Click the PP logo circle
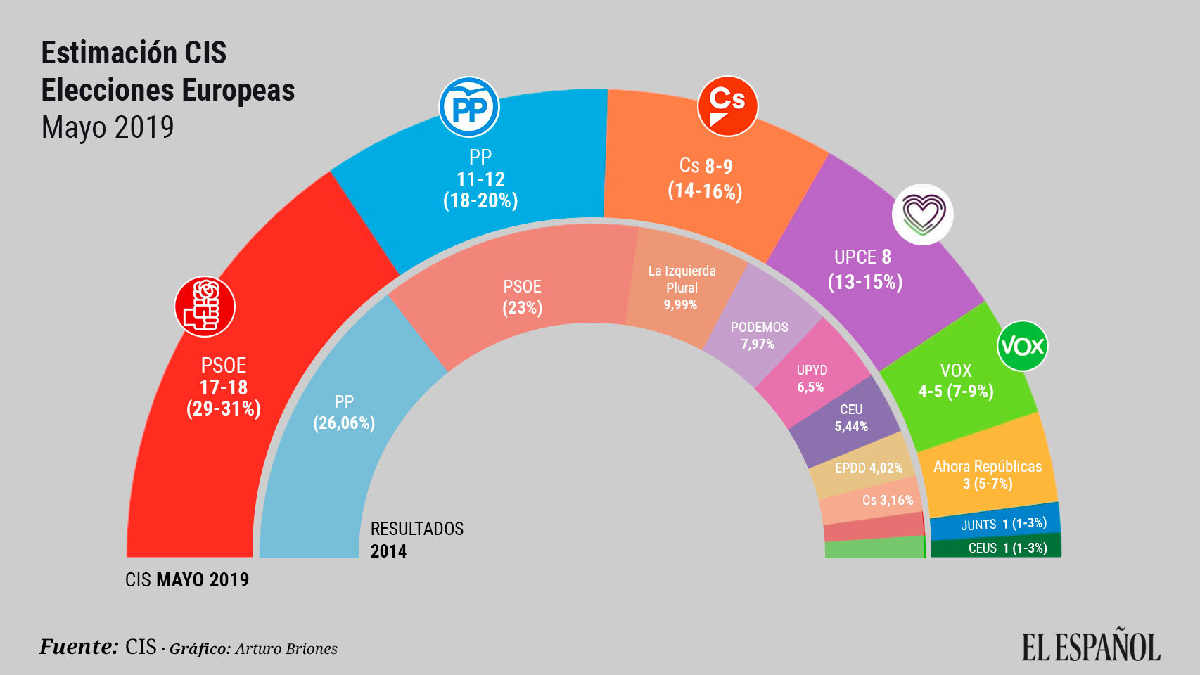point(468,108)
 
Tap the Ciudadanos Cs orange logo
point(727,106)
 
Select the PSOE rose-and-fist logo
point(205,307)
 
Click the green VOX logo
point(1022,345)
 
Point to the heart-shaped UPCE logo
point(922,214)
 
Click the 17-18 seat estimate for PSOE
point(223,387)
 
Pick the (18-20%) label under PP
point(480,201)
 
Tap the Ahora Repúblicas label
point(987,467)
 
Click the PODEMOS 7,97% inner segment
point(758,335)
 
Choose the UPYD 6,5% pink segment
point(811,378)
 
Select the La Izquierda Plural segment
point(681,287)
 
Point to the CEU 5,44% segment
point(850,418)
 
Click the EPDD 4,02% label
point(868,468)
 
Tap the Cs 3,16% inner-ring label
point(887,500)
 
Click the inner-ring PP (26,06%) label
point(344,413)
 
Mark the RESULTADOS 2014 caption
point(416,539)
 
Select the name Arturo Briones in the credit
point(286,649)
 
